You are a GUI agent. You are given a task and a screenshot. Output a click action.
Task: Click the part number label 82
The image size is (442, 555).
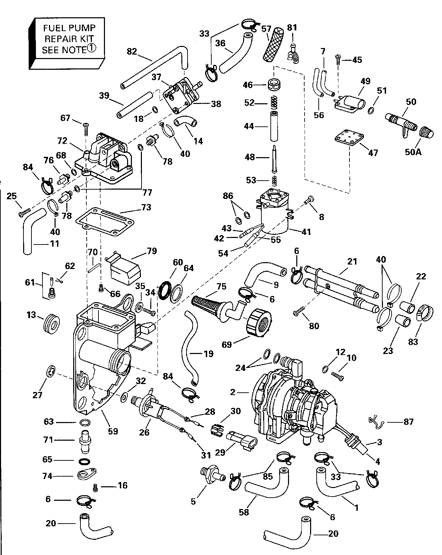click(x=132, y=51)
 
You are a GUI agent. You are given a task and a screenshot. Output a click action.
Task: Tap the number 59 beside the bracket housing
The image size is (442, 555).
click(x=113, y=431)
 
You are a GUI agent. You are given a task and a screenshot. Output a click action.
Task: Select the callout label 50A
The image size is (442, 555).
click(x=413, y=152)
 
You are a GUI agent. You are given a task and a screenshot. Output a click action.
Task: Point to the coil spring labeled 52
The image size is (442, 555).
click(x=273, y=103)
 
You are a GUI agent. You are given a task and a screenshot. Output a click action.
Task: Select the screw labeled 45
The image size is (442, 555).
click(x=338, y=60)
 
